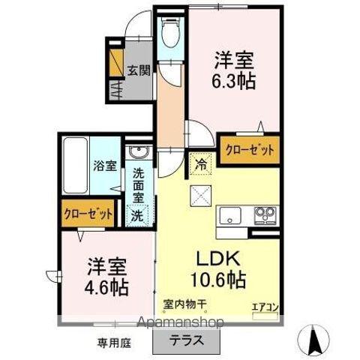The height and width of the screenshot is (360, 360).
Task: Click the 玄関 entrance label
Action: pos(139,71)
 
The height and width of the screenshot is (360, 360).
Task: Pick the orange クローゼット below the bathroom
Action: pos(88,214)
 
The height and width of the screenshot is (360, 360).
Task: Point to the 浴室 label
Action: pos(104,166)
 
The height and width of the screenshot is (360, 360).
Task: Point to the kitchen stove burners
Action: pos(265,215)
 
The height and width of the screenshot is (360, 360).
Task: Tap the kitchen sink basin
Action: pos(231,216)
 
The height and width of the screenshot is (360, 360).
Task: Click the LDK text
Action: pos(219,258)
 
